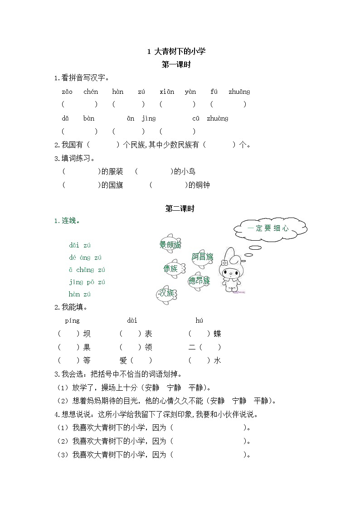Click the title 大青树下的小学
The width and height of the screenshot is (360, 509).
pos(180,51)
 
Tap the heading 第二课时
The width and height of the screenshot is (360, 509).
pos(180,208)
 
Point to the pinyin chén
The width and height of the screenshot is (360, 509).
pos(91,92)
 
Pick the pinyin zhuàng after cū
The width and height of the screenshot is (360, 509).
pos(217,118)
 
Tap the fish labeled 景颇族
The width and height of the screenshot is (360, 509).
pos(170,244)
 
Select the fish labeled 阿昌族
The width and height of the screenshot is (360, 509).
pos(202,257)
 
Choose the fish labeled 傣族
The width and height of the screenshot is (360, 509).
pos(171,268)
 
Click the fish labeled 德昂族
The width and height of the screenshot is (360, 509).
pos(199,281)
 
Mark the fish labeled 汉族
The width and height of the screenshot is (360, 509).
pos(166,293)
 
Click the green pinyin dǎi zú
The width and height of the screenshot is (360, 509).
pos(80,245)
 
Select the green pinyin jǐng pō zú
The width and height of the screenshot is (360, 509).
pos(87,282)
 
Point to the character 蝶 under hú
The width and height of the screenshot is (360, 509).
pos(217,334)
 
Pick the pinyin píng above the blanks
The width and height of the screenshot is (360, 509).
pos(72,320)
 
